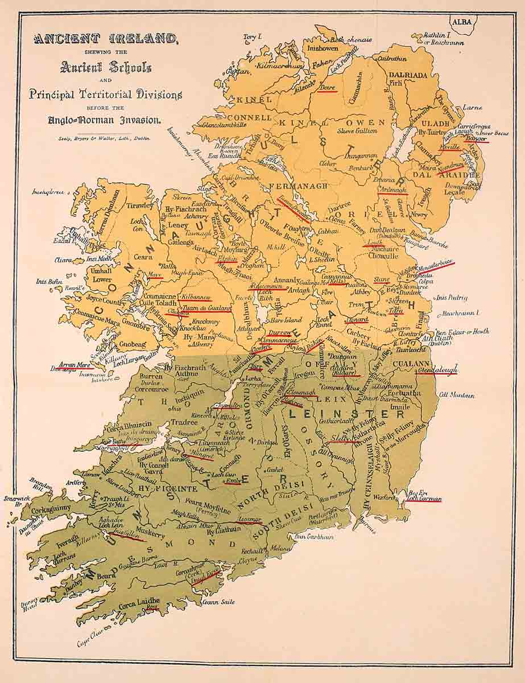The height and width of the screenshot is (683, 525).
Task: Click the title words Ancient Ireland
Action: [x=106, y=39]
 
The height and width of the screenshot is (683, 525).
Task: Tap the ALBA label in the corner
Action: [x=462, y=23]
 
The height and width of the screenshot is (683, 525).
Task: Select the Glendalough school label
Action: [x=437, y=371]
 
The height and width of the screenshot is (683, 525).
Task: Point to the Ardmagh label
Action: [x=393, y=191]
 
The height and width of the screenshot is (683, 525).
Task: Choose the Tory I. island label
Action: [x=251, y=38]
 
